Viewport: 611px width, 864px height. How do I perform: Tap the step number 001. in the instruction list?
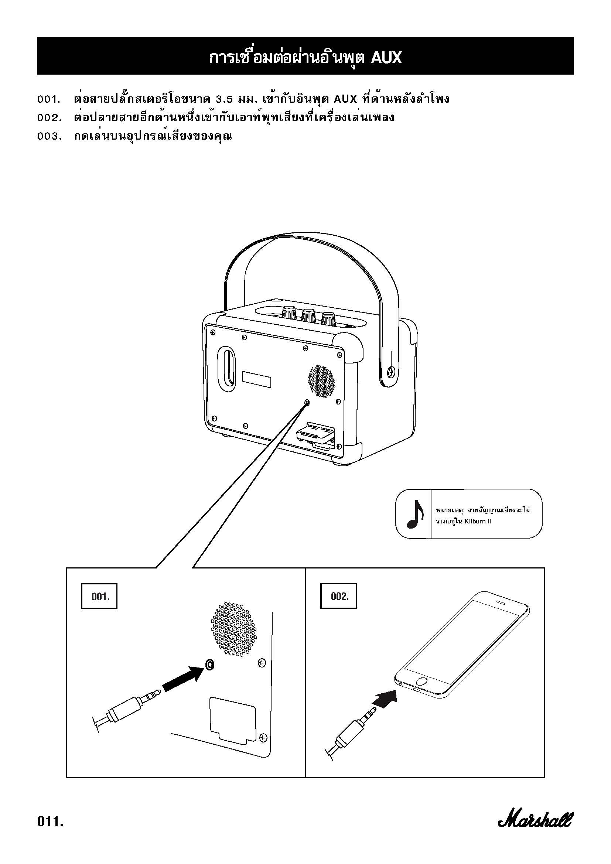[x=49, y=100]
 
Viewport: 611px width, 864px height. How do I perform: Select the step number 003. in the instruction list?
[x=49, y=136]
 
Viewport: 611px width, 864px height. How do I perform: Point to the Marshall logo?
[x=536, y=820]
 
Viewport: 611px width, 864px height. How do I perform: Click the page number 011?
[x=50, y=821]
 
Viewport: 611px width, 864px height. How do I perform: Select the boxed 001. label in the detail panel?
[x=99, y=597]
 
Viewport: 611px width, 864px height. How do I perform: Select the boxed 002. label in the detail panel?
[x=338, y=597]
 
